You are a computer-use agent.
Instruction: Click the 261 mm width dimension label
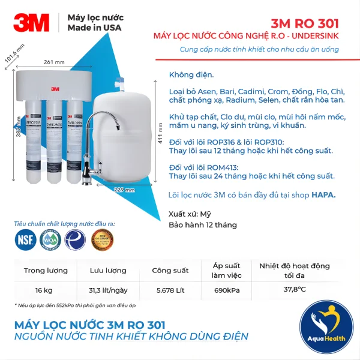(x=54, y=62)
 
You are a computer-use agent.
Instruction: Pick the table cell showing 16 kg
(x=44, y=290)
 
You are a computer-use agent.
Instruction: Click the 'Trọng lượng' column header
(x=46, y=270)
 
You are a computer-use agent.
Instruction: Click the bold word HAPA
(x=324, y=195)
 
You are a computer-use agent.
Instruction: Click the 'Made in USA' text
(x=94, y=28)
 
